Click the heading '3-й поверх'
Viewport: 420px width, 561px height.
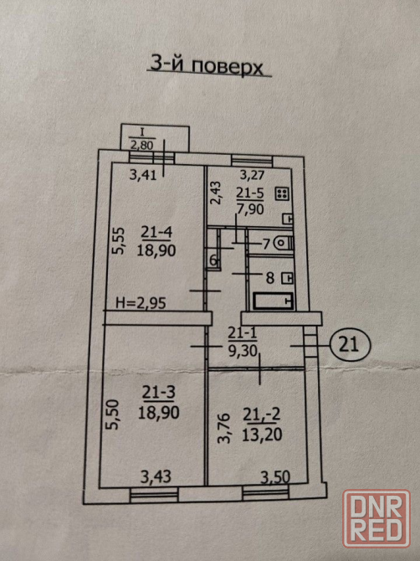click(207, 66)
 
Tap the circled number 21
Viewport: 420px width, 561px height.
click(349, 345)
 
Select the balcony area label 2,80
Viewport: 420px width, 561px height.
click(142, 145)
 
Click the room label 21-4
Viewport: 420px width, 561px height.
click(156, 233)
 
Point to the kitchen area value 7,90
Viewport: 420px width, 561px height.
click(250, 208)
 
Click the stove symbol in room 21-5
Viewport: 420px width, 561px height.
click(282, 194)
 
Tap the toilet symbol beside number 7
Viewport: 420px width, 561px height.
click(284, 244)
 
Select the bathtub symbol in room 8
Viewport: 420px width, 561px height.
click(274, 301)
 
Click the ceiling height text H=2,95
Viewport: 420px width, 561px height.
click(141, 303)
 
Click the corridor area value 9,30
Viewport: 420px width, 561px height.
click(243, 351)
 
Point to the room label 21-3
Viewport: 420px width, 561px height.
click(159, 393)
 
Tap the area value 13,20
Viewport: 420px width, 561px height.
click(262, 435)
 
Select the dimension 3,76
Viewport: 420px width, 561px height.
click(224, 428)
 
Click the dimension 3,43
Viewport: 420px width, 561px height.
click(156, 476)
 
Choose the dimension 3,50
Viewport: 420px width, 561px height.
click(275, 477)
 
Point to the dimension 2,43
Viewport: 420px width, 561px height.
click(216, 193)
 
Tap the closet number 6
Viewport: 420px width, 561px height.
click(213, 260)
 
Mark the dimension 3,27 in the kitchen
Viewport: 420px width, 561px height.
click(253, 175)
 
